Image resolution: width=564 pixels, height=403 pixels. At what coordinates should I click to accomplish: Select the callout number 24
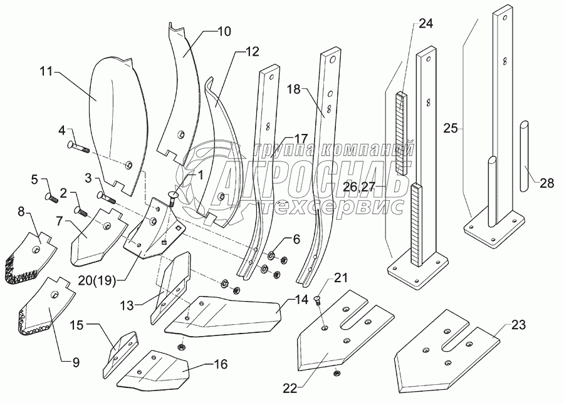coord(426,25)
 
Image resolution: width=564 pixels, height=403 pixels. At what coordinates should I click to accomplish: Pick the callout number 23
coord(518,325)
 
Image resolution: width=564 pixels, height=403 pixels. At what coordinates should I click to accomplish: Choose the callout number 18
coord(294,89)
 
